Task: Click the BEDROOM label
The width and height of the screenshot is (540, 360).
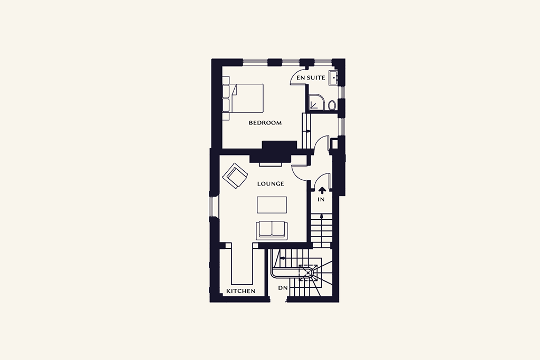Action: tap(265, 122)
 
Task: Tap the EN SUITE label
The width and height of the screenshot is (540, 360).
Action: tap(311, 78)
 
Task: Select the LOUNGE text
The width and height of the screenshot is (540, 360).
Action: tap(271, 184)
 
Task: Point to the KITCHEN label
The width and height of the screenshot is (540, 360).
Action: tap(240, 291)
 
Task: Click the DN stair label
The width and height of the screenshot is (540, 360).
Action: tap(283, 288)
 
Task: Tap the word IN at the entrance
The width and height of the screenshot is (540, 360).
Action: tap(321, 200)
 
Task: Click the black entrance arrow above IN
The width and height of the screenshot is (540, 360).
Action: tap(322, 190)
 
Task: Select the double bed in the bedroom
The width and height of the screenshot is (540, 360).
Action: tap(243, 98)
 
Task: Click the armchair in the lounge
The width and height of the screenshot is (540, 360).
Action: tap(235, 176)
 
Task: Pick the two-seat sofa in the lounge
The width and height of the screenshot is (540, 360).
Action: tap(272, 230)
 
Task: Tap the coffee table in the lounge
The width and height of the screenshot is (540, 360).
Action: tap(272, 205)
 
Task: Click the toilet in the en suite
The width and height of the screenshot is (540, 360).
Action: tap(332, 105)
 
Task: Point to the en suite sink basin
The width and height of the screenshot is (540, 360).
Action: tap(333, 78)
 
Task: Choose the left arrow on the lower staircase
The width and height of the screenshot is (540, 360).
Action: tap(283, 258)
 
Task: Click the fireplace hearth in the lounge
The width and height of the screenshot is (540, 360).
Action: tap(271, 164)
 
